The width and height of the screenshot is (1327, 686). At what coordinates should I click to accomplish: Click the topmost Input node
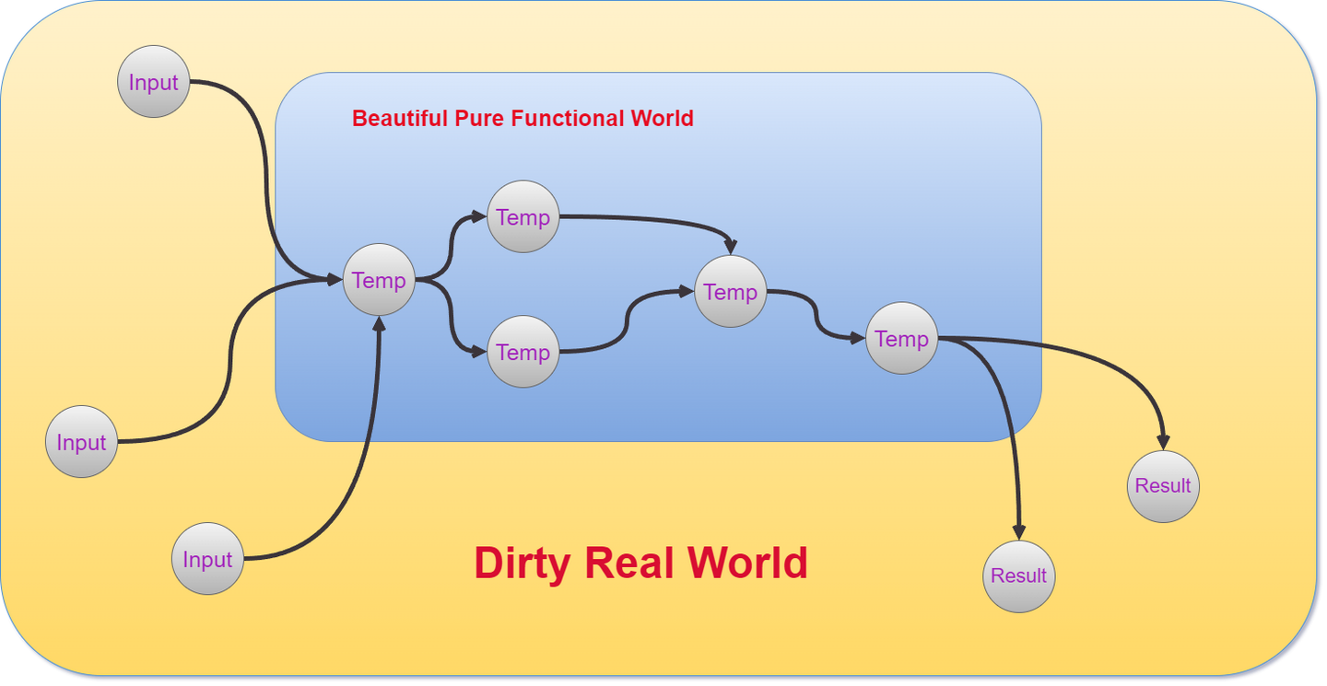[x=153, y=82]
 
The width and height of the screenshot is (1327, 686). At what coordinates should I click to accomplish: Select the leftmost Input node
[x=81, y=442]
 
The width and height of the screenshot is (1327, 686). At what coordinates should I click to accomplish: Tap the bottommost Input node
[x=207, y=559]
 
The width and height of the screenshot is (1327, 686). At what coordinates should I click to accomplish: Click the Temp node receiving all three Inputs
[x=379, y=280]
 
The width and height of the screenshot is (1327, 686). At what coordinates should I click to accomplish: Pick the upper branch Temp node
[x=523, y=216]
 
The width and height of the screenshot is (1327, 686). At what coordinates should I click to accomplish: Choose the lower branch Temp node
[x=523, y=352]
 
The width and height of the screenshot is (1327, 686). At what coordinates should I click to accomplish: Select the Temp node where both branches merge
[x=730, y=292]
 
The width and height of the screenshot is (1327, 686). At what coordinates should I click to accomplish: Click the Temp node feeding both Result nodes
[x=901, y=338]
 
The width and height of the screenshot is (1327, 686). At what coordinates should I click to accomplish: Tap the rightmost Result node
[x=1163, y=485]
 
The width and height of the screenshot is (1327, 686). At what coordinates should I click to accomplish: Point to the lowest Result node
[x=1018, y=576]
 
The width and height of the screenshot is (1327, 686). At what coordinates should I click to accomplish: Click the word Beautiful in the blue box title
[x=400, y=119]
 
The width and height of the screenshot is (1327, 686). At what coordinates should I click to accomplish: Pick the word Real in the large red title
[x=631, y=564]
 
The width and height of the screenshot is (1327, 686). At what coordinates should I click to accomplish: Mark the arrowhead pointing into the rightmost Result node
[x=1163, y=443]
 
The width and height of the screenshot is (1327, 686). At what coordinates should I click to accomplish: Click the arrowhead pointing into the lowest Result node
[x=1018, y=532]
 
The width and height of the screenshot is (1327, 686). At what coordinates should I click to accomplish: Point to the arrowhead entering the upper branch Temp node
[x=478, y=216]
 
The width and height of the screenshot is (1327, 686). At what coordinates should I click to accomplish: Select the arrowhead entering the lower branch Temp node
[x=478, y=352]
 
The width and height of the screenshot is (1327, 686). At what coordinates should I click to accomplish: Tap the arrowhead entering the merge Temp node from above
[x=731, y=248]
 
